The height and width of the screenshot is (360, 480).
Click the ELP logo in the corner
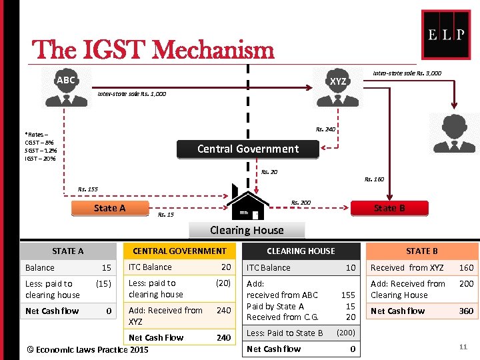[446, 35]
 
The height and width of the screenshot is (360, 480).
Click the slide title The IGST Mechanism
[153, 49]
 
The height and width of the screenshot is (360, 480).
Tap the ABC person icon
[66, 87]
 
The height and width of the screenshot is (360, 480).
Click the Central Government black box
[248, 149]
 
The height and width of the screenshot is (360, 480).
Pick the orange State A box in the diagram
[109, 208]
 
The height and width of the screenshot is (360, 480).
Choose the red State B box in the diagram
[389, 208]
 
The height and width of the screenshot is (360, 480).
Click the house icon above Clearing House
[247, 201]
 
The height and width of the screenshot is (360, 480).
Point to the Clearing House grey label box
[247, 230]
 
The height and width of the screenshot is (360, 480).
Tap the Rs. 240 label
[325, 129]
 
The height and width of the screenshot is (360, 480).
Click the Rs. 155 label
[88, 189]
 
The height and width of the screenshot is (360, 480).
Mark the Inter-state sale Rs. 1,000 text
[132, 94]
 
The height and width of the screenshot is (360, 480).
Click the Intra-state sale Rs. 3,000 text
[407, 73]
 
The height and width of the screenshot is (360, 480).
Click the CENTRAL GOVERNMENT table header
[179, 251]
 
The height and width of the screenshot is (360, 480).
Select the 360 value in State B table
[466, 311]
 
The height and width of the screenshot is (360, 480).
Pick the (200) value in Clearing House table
[346, 333]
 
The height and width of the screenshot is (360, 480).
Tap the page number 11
[463, 346]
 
